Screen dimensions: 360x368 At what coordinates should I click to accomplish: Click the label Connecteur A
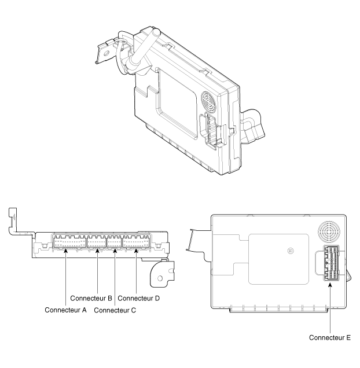click(x=65, y=310)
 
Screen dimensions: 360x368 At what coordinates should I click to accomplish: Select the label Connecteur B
click(x=91, y=298)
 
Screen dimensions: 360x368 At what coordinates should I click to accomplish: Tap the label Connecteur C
click(x=115, y=310)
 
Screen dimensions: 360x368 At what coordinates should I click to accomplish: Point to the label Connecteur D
click(x=138, y=298)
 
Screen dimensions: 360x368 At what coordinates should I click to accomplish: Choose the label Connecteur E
click(x=330, y=337)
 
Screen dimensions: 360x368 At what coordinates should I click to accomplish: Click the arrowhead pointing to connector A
click(x=66, y=251)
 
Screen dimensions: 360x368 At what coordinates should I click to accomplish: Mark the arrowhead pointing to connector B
click(x=97, y=251)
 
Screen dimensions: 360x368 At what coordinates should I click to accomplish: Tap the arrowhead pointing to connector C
click(x=115, y=251)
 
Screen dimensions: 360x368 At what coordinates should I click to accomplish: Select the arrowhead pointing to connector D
click(x=136, y=251)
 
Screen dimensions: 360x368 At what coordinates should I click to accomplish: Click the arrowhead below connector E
click(x=330, y=285)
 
